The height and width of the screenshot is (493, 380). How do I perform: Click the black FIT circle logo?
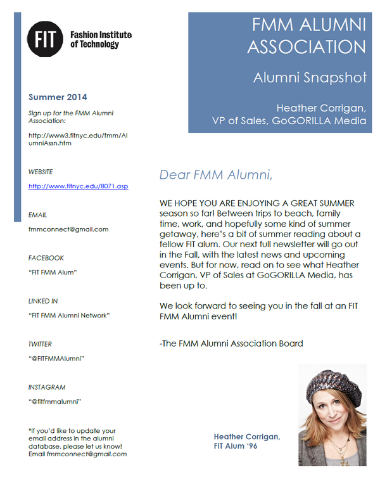click(46, 39)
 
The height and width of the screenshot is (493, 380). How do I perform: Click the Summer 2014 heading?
click(58, 98)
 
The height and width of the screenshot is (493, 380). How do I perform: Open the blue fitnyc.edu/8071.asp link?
click(79, 186)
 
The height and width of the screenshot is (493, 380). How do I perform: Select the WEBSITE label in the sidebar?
click(41, 172)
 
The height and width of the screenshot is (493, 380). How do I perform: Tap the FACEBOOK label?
click(46, 258)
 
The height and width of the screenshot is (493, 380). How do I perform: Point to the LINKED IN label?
click(43, 301)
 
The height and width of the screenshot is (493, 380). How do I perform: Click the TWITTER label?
click(40, 344)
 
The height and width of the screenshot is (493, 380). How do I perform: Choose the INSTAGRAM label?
click(47, 387)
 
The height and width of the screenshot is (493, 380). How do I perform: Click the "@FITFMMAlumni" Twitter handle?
click(57, 359)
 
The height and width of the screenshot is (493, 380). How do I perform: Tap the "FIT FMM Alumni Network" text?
click(69, 316)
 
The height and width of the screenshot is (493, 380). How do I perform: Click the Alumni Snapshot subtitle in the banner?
click(310, 78)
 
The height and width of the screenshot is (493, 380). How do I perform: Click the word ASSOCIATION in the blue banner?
click(307, 48)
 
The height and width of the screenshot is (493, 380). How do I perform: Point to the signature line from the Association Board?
click(231, 343)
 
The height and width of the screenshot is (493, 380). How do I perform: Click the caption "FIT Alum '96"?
click(236, 447)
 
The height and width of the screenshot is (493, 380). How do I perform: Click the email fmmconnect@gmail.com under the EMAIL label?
click(68, 229)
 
